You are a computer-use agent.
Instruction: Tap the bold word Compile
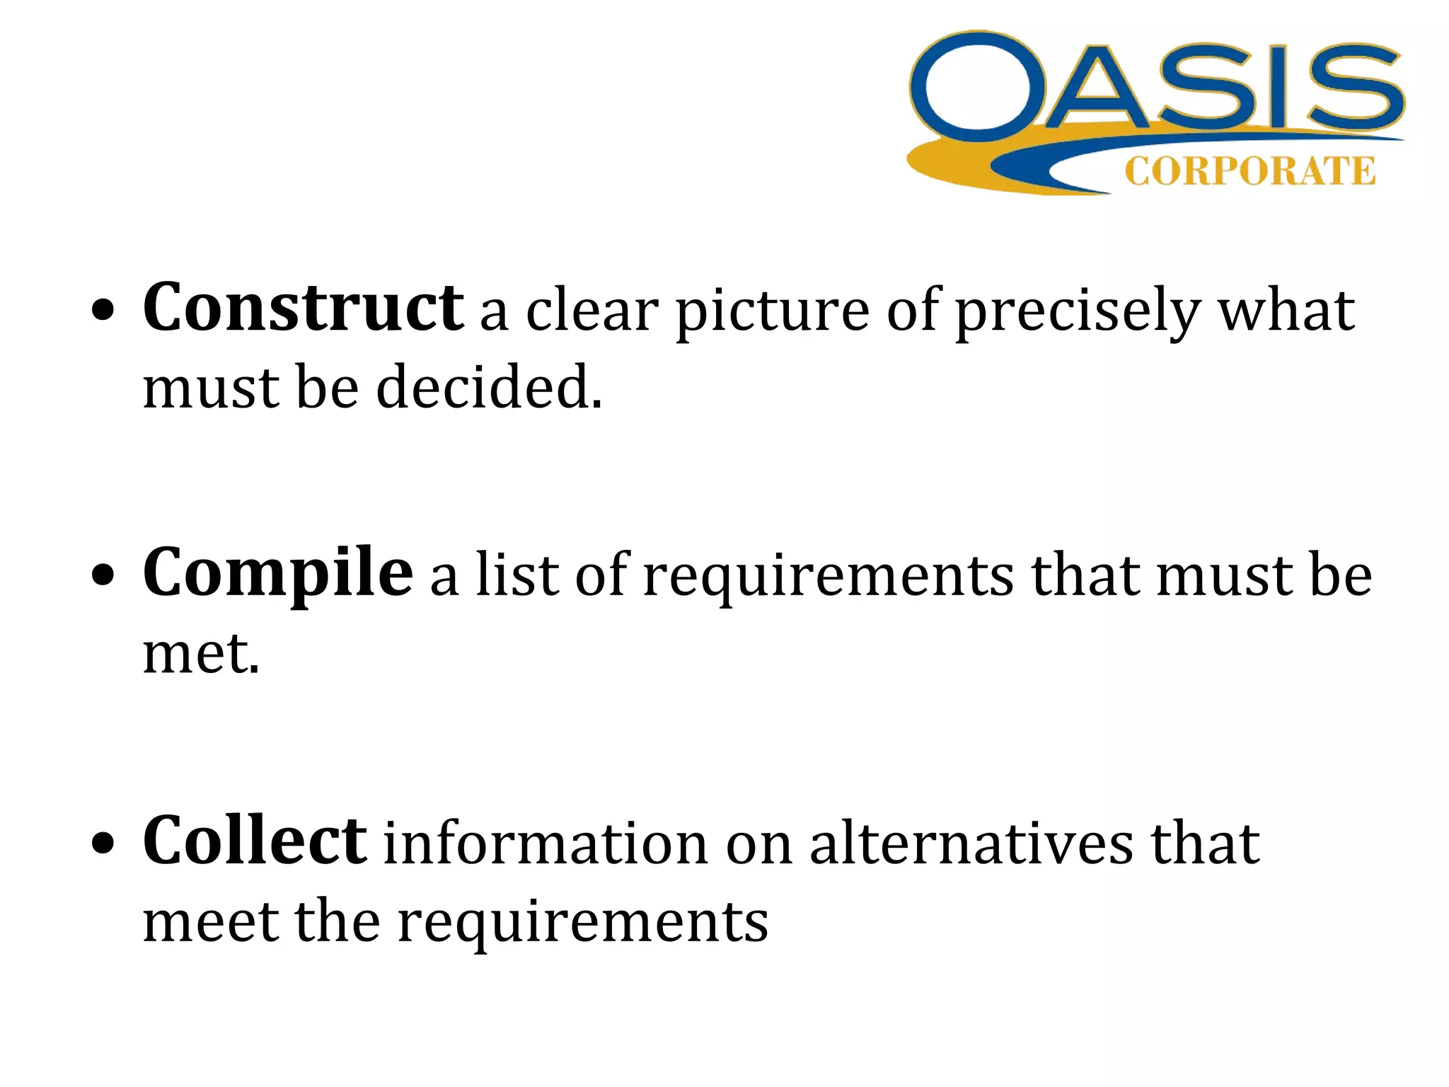click(x=277, y=573)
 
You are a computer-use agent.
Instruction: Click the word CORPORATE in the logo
click(x=1249, y=172)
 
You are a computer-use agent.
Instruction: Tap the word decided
click(x=488, y=388)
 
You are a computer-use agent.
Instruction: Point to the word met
click(x=200, y=653)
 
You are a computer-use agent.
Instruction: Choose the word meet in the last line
click(x=210, y=921)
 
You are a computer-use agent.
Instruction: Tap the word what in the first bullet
click(x=1286, y=311)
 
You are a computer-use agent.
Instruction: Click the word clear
click(x=591, y=311)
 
